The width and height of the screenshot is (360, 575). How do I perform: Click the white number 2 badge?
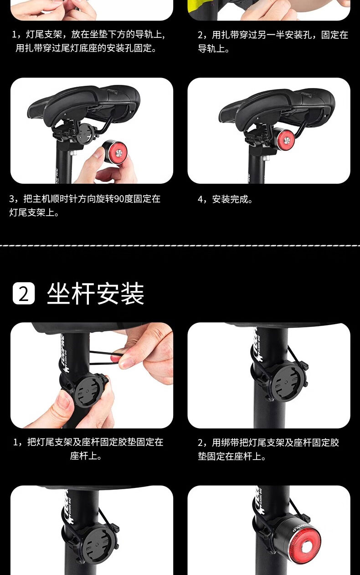pos(24,293)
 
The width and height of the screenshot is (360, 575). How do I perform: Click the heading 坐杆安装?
pos(95,293)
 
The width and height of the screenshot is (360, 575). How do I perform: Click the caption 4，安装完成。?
pos(225,199)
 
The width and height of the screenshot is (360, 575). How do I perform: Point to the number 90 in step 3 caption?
pos(118,199)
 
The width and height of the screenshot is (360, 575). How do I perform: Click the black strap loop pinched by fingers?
pos(104,358)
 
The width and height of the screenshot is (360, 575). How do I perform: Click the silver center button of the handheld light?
pos(119,154)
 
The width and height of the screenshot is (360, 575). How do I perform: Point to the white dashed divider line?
pos(180,246)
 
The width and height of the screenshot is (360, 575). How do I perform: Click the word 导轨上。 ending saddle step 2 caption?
pos(213,48)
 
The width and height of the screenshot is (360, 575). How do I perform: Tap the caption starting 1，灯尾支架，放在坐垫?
pos(88,41)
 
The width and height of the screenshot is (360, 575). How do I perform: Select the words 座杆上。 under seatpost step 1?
pos(86,456)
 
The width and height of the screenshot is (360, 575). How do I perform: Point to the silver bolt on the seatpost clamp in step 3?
pos(75,153)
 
